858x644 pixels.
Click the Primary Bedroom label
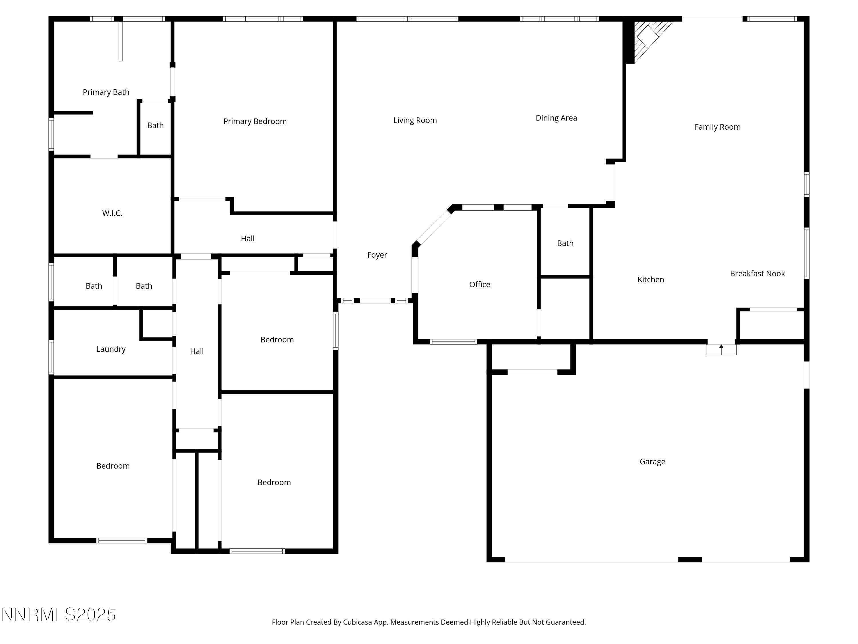click(255, 122)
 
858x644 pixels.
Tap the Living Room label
click(415, 120)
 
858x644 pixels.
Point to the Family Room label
click(717, 127)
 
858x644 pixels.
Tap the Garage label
click(652, 462)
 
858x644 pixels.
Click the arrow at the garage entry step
click(721, 349)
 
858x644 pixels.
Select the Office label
click(479, 285)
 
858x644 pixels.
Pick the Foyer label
click(377, 255)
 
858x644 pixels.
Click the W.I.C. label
click(112, 213)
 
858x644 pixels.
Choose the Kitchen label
click(650, 279)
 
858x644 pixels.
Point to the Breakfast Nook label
click(757, 274)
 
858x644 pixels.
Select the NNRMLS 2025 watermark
click(59, 615)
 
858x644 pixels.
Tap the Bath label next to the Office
click(565, 243)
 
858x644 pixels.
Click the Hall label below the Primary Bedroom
click(247, 239)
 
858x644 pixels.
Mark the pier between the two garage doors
click(690, 559)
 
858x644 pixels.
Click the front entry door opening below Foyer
click(375, 301)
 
